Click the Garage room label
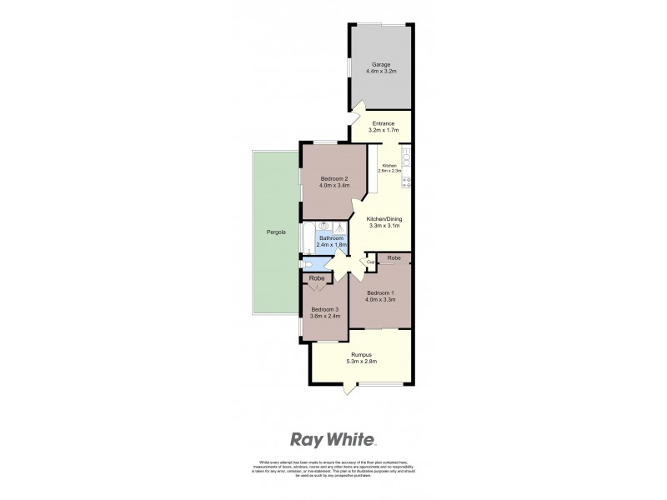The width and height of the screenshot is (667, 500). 379,63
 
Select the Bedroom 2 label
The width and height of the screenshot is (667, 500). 333,178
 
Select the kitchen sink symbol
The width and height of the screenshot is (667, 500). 406,156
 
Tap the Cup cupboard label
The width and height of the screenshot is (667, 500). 369,262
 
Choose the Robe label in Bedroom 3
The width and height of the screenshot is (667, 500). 316,278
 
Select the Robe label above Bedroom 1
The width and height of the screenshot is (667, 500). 395,259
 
